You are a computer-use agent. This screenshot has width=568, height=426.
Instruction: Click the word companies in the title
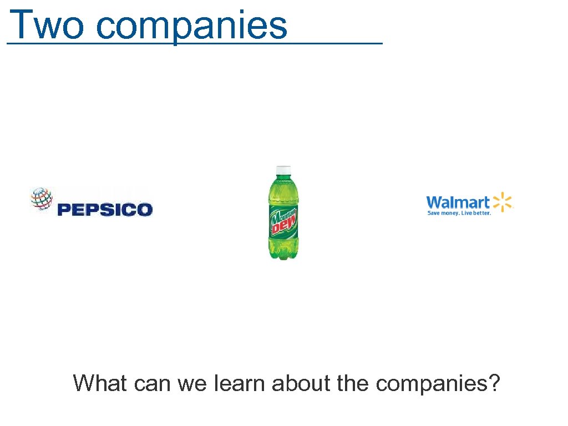(x=192, y=25)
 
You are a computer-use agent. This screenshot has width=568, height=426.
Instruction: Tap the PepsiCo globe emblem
(x=42, y=199)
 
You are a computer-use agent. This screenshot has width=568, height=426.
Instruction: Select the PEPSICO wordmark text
(x=105, y=210)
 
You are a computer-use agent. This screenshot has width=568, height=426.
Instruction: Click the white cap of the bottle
(x=283, y=170)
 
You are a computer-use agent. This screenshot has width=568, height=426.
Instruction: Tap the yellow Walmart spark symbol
(x=503, y=202)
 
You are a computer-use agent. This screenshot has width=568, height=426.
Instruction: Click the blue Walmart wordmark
(x=458, y=202)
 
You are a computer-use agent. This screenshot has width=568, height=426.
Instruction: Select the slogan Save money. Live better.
(x=459, y=214)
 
